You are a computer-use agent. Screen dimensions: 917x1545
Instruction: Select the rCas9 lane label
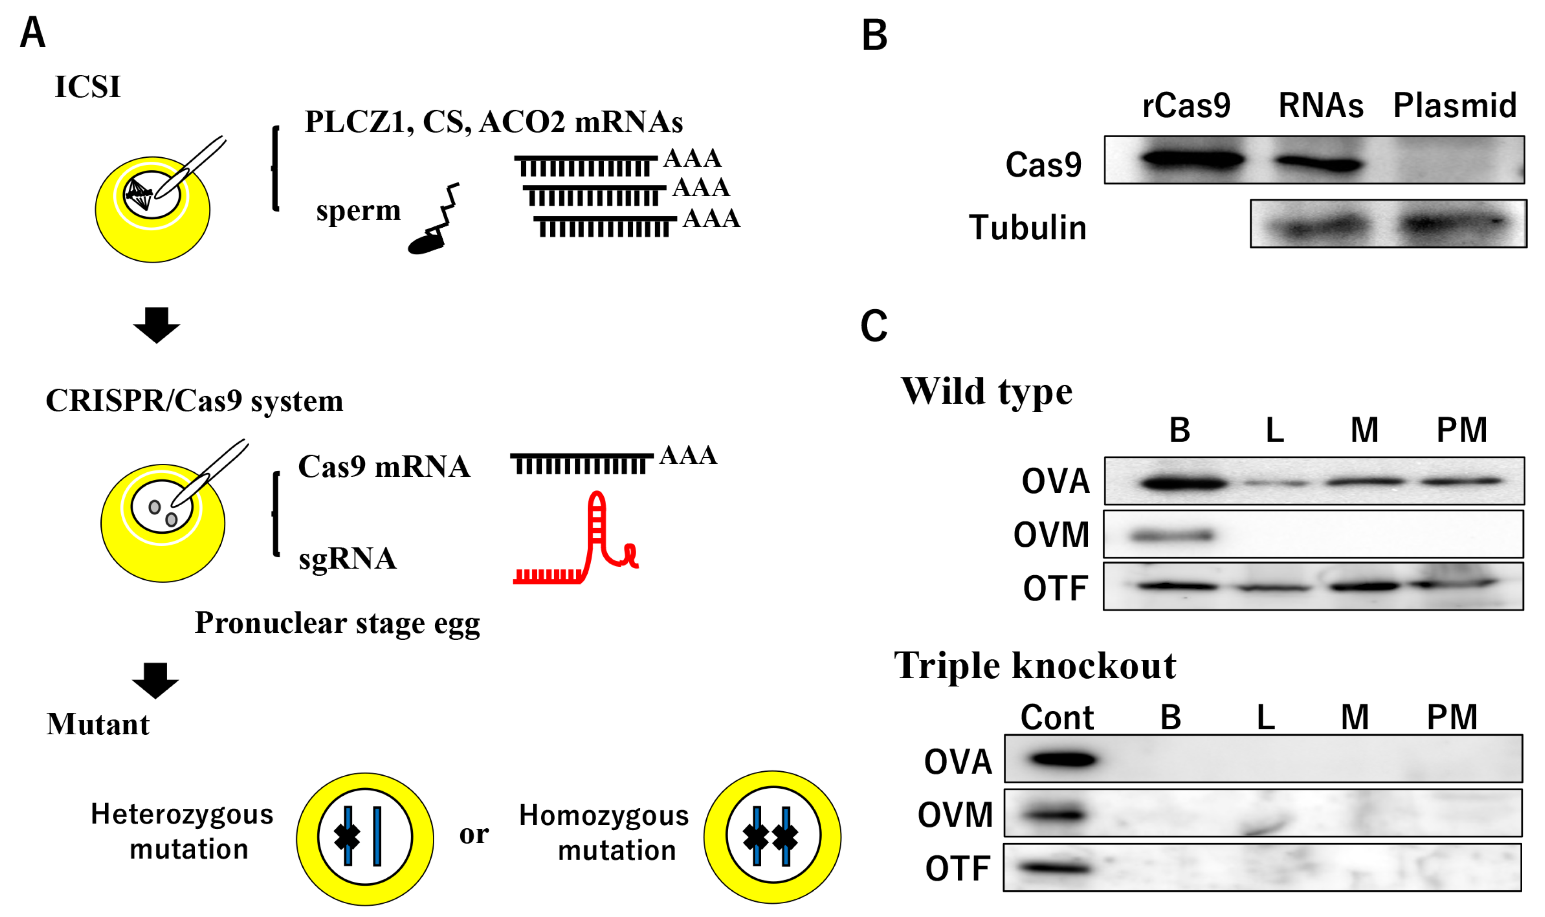(x=1186, y=106)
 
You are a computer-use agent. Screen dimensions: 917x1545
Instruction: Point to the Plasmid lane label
(x=1455, y=106)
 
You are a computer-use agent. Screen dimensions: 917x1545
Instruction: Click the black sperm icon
(x=433, y=222)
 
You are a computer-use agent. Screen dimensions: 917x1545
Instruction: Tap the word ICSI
(x=87, y=86)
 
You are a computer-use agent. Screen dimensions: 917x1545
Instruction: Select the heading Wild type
(x=986, y=391)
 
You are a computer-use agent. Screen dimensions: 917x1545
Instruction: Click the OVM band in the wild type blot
(x=1172, y=535)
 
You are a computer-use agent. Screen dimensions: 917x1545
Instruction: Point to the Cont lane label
(x=1057, y=717)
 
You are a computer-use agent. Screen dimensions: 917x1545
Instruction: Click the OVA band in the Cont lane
(x=1062, y=759)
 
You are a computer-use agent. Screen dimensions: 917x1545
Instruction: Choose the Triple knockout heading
(x=1035, y=666)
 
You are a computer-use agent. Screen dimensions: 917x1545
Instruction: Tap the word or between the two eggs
(x=474, y=834)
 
